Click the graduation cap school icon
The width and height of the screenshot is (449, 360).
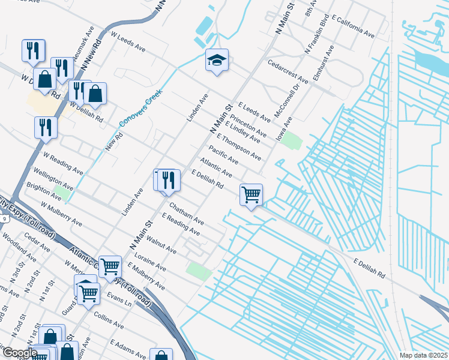217,61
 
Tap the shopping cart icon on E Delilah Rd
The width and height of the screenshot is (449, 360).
251,194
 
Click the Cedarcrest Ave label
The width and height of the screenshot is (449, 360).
288,71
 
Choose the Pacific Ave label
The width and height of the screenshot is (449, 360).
223,155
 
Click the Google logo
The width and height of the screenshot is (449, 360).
19,353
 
